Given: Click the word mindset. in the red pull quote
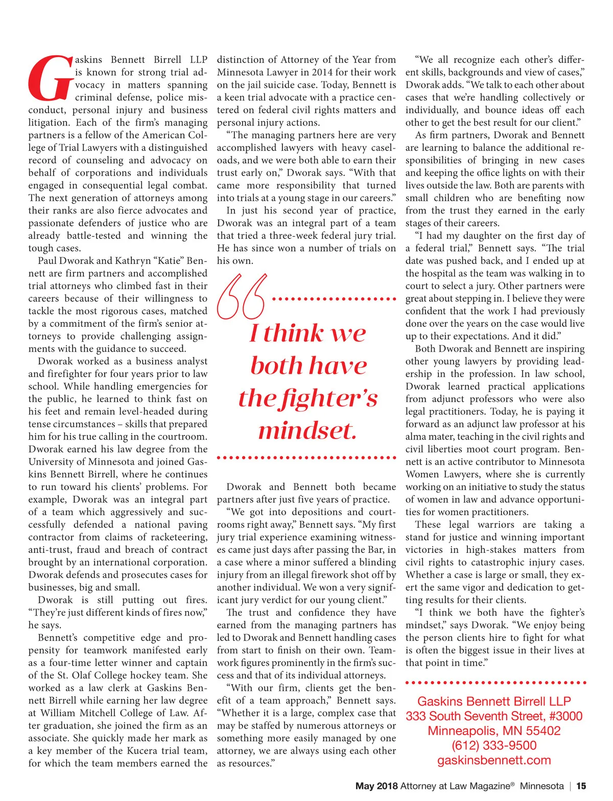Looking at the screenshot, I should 308,430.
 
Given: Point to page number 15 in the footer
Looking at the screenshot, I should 581,786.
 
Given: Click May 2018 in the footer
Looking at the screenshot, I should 376,786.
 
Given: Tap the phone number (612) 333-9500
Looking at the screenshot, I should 494,745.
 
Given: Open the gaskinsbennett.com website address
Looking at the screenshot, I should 494,760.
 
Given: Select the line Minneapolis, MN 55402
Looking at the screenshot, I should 494,731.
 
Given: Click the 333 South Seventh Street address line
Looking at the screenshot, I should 494,716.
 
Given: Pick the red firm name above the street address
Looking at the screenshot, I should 494,701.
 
